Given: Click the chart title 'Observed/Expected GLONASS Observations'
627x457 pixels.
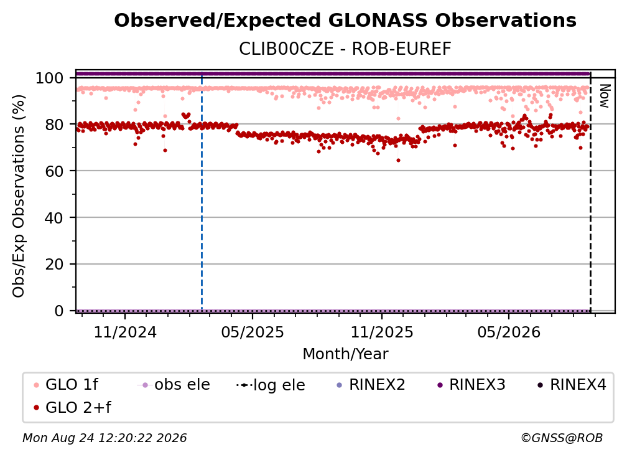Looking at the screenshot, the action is [x=345, y=21].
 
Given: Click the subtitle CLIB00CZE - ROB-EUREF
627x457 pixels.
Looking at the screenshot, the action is [x=345, y=49].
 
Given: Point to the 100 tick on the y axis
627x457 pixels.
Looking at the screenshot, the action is [x=50, y=78].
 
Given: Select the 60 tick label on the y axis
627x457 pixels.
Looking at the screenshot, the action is [x=54, y=171].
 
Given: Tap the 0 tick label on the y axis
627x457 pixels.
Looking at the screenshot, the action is [x=59, y=311].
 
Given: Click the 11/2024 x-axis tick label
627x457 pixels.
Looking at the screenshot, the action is [x=125, y=332].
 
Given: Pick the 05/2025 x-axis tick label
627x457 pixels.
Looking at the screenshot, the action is [x=253, y=332].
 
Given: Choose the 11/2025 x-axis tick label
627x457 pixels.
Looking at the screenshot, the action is [x=382, y=332].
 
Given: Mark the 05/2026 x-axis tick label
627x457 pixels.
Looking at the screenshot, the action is [x=509, y=332].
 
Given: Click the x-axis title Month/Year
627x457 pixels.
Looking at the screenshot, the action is [x=345, y=354].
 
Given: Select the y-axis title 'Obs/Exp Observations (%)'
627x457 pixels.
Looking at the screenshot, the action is [x=19, y=196].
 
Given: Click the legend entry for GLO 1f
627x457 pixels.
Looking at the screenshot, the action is [x=66, y=385].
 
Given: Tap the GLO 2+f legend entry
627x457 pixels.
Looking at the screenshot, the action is [x=72, y=407].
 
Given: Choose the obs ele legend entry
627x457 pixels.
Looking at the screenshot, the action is [x=174, y=385].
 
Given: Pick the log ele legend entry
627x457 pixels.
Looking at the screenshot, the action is [x=271, y=385].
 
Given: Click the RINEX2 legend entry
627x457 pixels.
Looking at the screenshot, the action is [x=371, y=385].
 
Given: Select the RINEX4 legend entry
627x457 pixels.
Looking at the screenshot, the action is [x=572, y=385].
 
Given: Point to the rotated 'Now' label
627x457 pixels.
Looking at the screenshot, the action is [x=604, y=96].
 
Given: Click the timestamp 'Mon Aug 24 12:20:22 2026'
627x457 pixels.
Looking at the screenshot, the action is [x=104, y=438].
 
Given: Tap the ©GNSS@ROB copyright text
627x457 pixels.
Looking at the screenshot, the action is [x=562, y=438].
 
